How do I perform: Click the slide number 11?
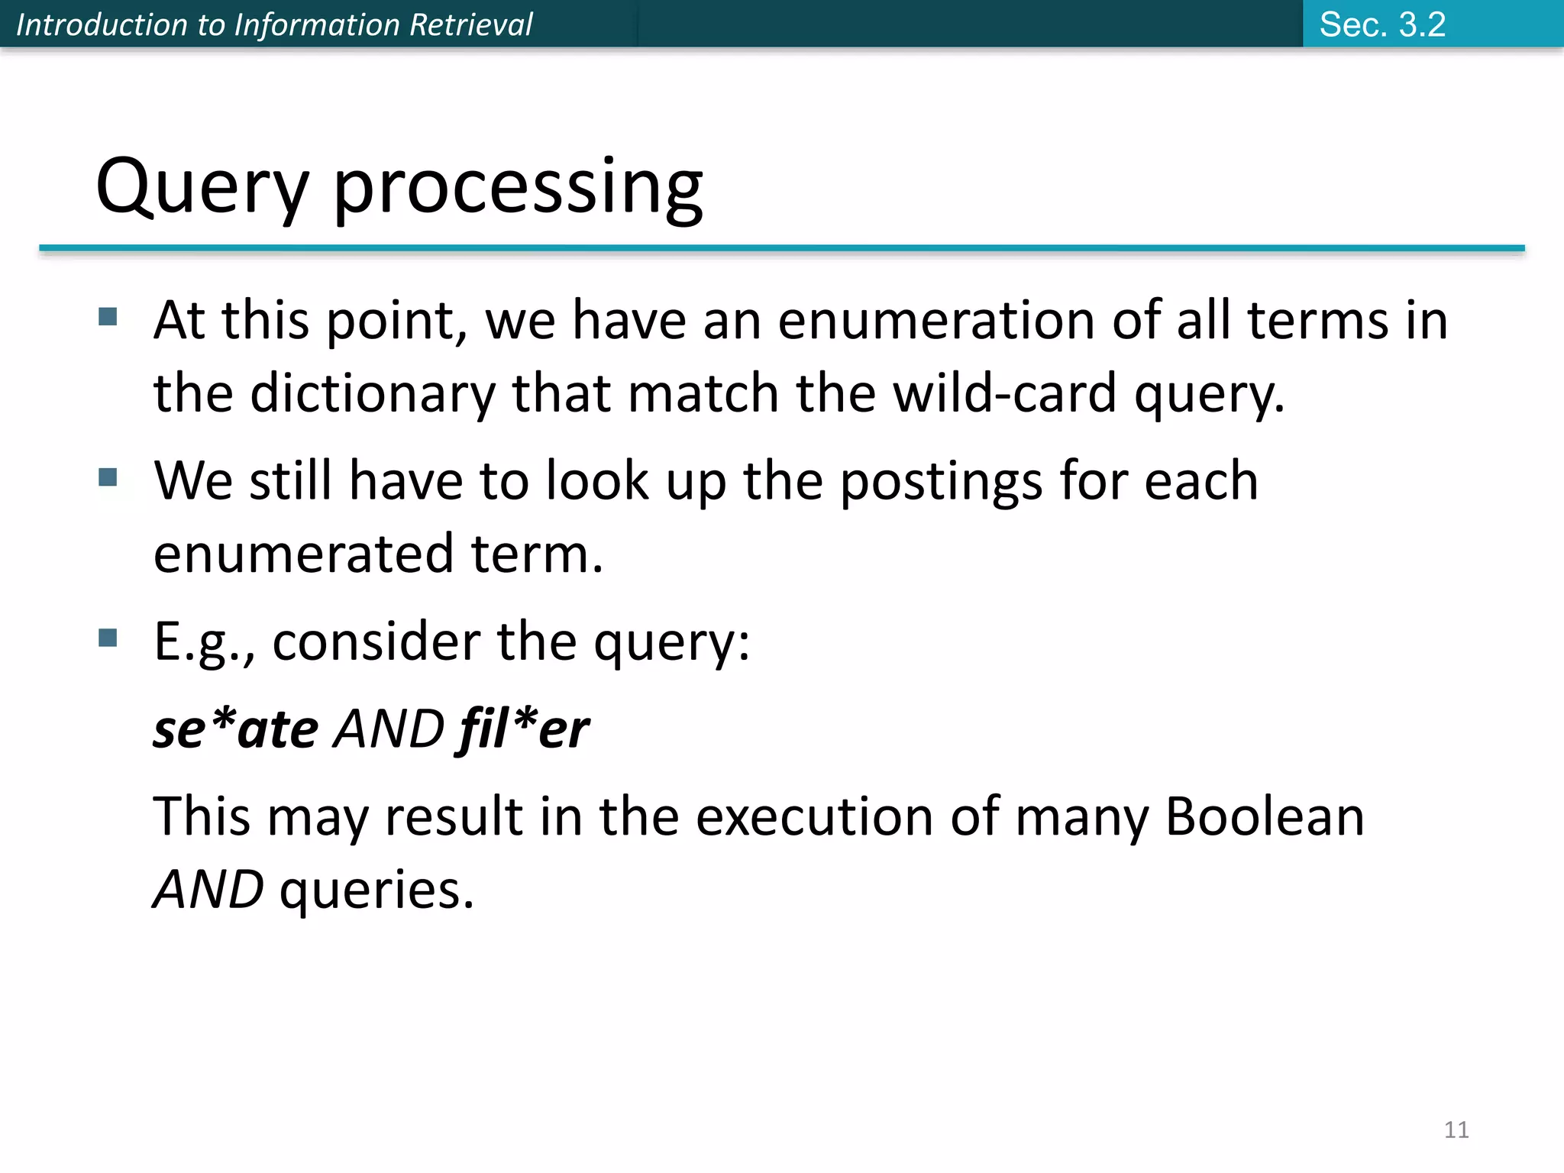click(x=1456, y=1129)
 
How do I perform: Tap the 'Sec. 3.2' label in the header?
click(x=1382, y=24)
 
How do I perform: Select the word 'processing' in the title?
click(x=518, y=187)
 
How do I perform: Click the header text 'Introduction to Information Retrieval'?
click(x=274, y=24)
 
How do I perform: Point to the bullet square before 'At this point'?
click(x=108, y=316)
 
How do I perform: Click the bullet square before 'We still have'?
click(x=108, y=477)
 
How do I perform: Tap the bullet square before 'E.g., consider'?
click(x=108, y=638)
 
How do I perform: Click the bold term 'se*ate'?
click(x=235, y=729)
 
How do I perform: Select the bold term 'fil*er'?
click(x=524, y=729)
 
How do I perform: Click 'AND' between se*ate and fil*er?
click(x=389, y=729)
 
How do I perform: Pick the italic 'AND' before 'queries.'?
click(x=208, y=890)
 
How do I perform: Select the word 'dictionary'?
click(x=373, y=393)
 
